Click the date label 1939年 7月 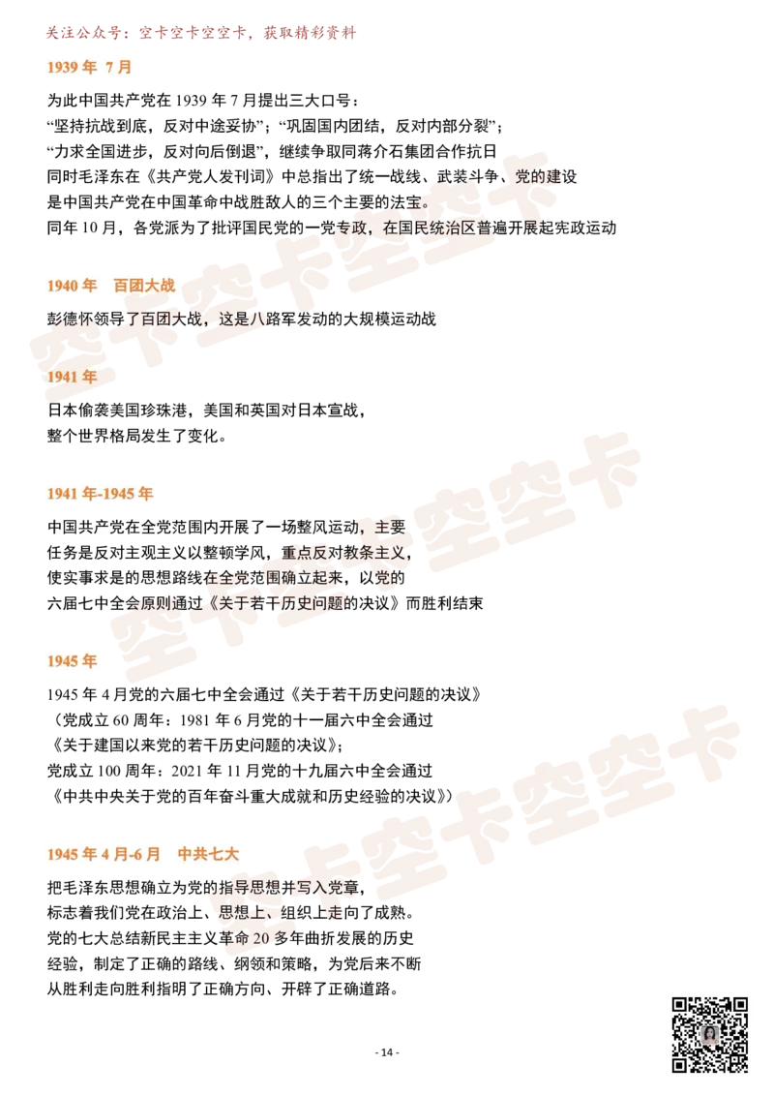88,67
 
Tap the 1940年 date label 73,286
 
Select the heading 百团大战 145,286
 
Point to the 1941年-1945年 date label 101,494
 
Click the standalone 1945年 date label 73,661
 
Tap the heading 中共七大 208,854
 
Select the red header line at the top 199,35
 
